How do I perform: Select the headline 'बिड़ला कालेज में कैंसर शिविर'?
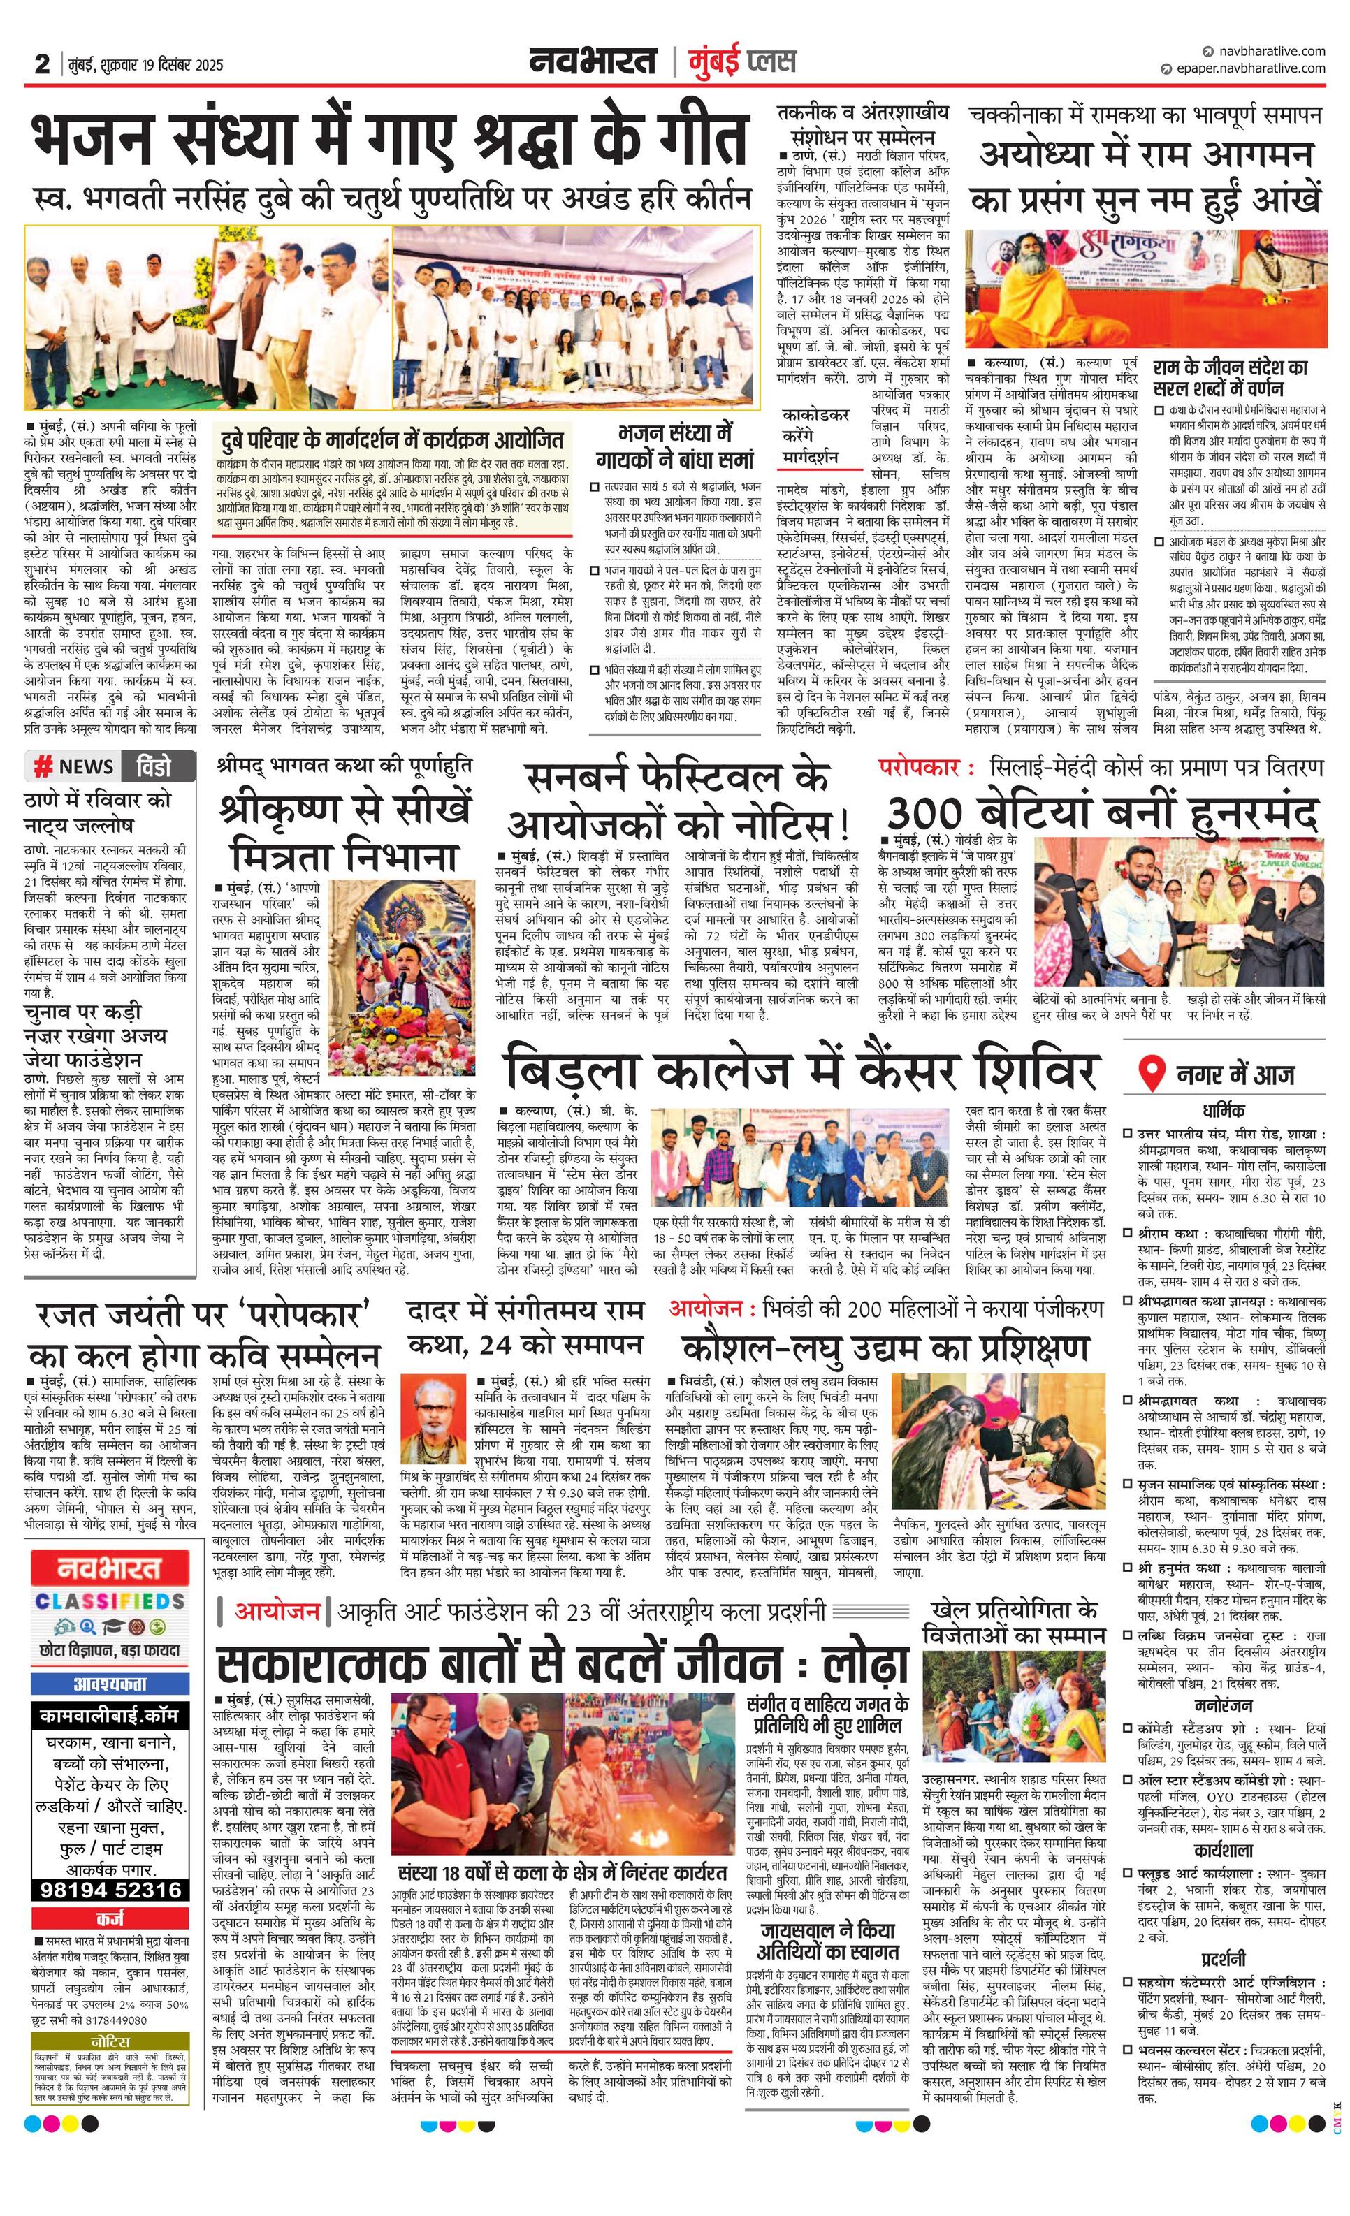801,1070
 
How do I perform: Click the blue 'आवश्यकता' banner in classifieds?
110,1684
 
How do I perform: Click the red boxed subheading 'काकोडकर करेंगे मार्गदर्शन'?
815,435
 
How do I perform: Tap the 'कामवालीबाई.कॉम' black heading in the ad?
110,1716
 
